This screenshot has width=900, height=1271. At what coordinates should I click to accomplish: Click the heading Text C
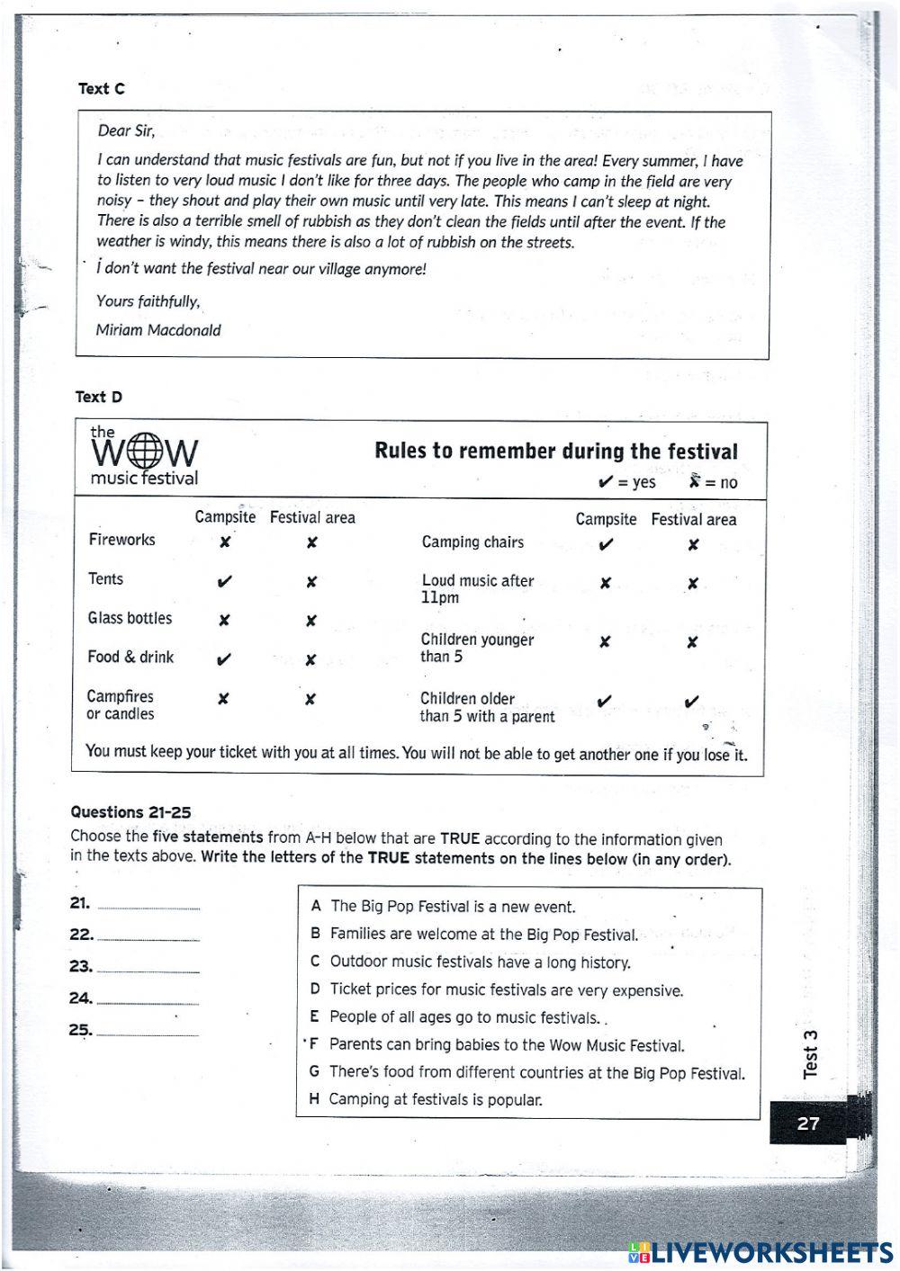pos(101,89)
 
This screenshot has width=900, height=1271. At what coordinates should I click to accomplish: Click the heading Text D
pos(99,397)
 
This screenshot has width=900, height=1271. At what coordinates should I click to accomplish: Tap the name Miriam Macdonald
pos(158,330)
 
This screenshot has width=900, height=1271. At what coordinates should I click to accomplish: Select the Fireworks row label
pos(121,540)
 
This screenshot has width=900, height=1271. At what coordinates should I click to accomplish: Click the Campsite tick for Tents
pos(224,582)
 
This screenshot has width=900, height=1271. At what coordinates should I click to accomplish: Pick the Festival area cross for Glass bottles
pos(310,621)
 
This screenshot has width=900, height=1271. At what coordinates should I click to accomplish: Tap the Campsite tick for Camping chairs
pos(606,544)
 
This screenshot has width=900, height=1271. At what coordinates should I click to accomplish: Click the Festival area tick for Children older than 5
pos(691,702)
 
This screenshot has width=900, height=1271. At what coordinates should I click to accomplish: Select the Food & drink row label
pos(130,658)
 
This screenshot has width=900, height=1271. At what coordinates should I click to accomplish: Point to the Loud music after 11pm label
pos(477,588)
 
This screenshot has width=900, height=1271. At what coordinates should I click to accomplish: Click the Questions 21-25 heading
pos(130,812)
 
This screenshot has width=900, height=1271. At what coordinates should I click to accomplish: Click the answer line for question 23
pos(148,970)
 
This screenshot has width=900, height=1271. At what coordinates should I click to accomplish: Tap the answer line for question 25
pos(148,1034)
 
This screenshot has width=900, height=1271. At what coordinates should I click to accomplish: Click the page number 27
pos(808,1123)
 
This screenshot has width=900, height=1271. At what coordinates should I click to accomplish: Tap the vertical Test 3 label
pos(811,1053)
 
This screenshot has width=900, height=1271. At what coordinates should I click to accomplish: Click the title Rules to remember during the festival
pos(555,452)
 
